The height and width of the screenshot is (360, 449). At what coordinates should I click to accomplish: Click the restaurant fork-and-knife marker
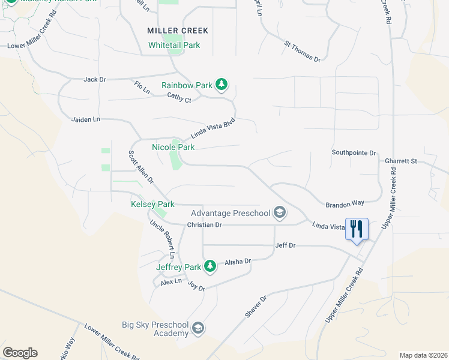coord(357,229)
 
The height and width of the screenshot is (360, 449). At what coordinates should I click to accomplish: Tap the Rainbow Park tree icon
coord(221,85)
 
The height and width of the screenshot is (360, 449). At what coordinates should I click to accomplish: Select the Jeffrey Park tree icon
coord(209,265)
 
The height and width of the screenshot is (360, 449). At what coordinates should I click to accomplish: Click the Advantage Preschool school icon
coord(279,212)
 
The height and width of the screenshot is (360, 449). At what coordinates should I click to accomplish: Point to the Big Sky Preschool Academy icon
coord(198,328)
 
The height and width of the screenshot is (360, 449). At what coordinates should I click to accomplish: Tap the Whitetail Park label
coord(174,45)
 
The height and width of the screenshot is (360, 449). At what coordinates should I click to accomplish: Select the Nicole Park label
coord(173,147)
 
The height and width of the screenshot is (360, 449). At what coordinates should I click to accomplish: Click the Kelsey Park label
coord(152,205)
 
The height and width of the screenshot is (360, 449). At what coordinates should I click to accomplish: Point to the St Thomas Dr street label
coord(303,52)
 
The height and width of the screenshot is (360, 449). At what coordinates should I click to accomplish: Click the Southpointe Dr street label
coord(354,153)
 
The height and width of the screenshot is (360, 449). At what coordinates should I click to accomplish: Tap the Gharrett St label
coord(401,161)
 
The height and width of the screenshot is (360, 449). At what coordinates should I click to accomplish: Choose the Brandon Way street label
coord(345,204)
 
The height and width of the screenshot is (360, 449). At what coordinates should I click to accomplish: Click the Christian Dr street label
coord(205,225)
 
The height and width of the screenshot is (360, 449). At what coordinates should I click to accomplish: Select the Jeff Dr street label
coord(285,245)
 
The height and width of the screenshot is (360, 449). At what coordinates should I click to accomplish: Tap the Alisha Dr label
coord(238,262)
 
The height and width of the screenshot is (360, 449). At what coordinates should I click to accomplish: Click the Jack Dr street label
coord(95,79)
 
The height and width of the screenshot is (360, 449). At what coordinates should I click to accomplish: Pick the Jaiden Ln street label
coord(86,120)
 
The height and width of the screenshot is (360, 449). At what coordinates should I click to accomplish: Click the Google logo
coord(20,353)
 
